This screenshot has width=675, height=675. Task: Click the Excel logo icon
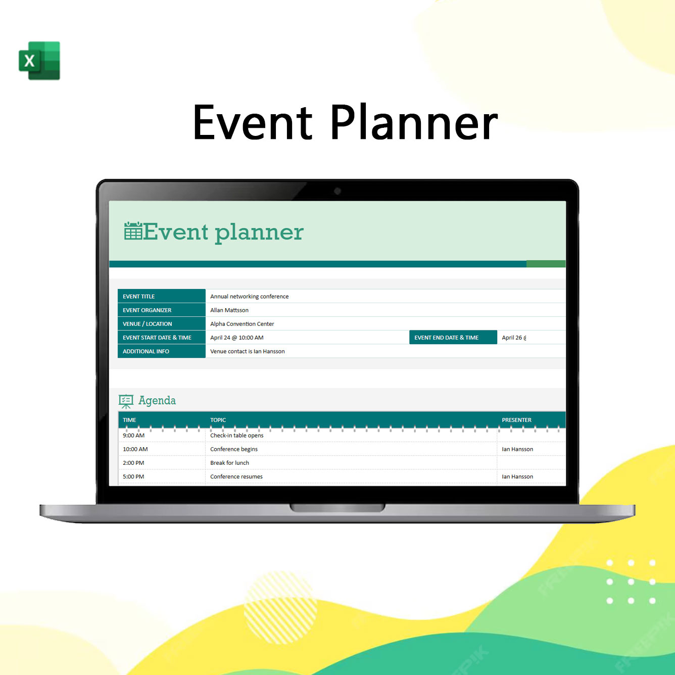coord(39,61)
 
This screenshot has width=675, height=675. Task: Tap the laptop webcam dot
coord(338,191)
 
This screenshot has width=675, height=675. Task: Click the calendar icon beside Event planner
coord(133,231)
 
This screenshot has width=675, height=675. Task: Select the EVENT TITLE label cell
coord(162,296)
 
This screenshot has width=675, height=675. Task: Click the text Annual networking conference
coord(250,297)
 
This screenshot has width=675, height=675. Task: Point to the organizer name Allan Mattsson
coord(229,310)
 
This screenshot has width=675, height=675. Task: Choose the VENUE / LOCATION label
coord(147,324)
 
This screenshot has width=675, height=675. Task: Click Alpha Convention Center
coord(242,324)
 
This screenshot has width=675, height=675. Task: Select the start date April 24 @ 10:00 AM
coord(237,338)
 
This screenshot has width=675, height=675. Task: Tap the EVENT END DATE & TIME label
coord(446,338)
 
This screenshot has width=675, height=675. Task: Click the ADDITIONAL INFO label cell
coord(162,351)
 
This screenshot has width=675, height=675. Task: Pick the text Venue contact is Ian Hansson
coord(247,351)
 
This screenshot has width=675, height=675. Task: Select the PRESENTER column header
coord(516,420)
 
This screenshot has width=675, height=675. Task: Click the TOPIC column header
coord(218,420)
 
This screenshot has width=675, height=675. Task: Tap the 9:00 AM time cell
coord(133,436)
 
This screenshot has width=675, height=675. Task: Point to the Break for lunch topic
coord(229,463)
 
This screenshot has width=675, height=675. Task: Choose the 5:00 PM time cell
coord(133,476)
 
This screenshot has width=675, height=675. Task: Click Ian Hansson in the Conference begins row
coord(517,449)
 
